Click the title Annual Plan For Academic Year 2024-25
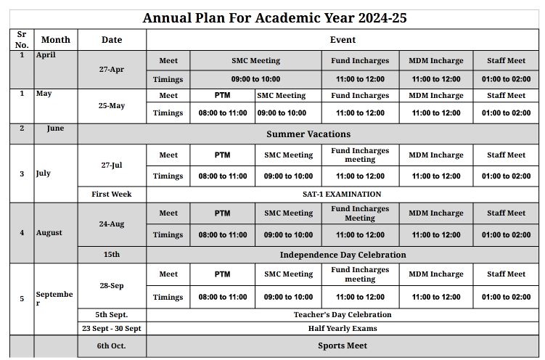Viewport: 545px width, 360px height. [x=274, y=18]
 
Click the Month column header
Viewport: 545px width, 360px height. [x=56, y=40]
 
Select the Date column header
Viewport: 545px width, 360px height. [x=112, y=40]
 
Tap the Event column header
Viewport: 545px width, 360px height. [x=343, y=40]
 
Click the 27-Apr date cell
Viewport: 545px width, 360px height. [x=112, y=70]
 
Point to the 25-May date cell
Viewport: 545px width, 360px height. [x=112, y=106]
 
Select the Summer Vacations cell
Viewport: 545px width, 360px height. [x=308, y=134]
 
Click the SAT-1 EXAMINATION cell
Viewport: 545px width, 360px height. [x=342, y=195]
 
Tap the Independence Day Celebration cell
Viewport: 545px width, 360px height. [x=343, y=255]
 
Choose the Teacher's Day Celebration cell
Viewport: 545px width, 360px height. [x=343, y=315]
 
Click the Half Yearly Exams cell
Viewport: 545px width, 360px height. [x=343, y=328]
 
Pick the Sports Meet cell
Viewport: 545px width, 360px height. [x=343, y=346]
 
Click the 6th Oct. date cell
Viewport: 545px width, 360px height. [x=112, y=346]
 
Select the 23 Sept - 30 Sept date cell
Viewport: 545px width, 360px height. [x=112, y=328]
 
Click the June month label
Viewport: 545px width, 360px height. [x=55, y=128]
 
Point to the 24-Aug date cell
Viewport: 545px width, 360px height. [x=112, y=224]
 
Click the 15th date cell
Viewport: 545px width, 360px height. [x=112, y=255]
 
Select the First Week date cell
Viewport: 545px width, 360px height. [x=112, y=195]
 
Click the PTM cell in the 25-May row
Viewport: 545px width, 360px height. [x=222, y=96]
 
